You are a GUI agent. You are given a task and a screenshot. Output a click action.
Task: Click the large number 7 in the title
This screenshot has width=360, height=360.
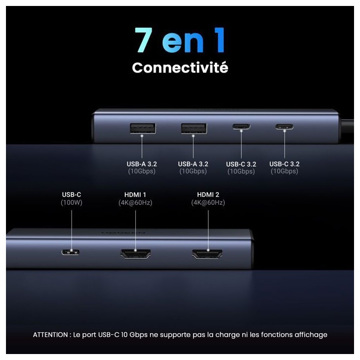coord(144,40)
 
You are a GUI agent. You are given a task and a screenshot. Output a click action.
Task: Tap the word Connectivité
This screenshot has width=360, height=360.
coord(180,68)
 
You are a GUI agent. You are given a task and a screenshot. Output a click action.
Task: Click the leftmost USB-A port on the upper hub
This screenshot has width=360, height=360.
coord(143,128)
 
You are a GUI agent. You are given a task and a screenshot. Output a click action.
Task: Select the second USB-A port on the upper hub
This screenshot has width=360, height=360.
coord(194,128)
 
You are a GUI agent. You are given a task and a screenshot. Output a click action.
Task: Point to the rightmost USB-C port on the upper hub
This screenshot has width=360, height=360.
coord(284,126)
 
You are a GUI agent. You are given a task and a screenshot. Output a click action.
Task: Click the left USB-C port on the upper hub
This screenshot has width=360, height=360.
coord(241,126)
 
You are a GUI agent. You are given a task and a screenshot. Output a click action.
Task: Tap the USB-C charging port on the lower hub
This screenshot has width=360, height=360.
coord(71,252)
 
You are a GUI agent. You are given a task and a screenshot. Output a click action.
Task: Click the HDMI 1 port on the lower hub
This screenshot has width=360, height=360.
coord(135,254)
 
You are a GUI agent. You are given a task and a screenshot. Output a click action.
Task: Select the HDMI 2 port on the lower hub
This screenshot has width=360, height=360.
coord(207,254)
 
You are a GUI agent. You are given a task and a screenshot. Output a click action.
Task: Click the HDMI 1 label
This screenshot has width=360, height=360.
coord(135,195)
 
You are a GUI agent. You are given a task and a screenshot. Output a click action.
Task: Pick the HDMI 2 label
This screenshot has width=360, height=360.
coord(208,195)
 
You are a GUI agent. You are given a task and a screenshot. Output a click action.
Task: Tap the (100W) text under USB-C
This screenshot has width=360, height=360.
coord(72,202)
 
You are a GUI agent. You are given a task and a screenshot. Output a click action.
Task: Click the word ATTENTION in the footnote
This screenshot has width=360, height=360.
coord(50,335)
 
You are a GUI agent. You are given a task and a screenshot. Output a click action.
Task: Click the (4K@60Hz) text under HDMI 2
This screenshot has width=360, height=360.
coord(208,202)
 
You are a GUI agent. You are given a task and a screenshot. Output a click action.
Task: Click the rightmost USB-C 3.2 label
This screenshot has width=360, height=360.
coord(284,164)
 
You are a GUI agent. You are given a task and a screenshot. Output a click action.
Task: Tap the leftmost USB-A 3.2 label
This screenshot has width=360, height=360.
coord(142,164)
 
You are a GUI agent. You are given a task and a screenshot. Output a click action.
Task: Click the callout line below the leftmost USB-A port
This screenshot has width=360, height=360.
coord(142,147)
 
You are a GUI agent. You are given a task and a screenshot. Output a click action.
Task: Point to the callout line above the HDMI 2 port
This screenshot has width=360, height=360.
coord(208,230)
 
